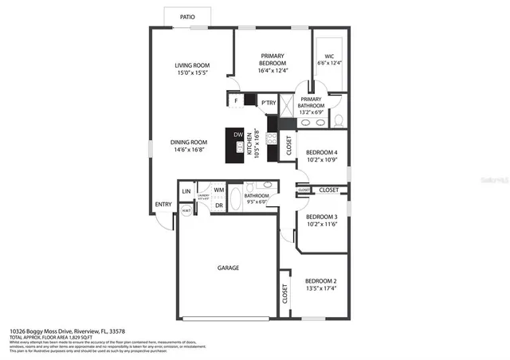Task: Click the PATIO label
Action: (187, 15)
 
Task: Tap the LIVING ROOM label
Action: (192, 69)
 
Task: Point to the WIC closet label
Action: (329, 58)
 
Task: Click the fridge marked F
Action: (236, 101)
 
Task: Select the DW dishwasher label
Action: (237, 135)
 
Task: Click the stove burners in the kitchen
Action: (273, 123)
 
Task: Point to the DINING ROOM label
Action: (189, 147)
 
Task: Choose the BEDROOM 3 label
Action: (323, 221)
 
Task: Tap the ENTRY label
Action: (163, 205)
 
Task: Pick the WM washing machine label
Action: (218, 190)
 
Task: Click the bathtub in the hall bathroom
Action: (237, 199)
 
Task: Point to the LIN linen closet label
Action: (186, 192)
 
